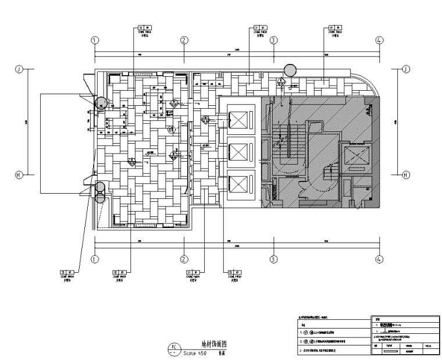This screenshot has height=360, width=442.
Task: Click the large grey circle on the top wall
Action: coord(290,71)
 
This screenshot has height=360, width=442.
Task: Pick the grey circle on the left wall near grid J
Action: coord(101,104)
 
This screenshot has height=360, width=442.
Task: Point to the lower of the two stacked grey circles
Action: coord(100,197)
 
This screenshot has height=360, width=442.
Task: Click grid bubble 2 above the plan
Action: coord(184,40)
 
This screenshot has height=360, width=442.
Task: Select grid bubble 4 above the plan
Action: coord(379,40)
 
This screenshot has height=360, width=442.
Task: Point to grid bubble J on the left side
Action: coord(19,69)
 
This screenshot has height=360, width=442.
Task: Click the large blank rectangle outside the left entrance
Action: coord(63,143)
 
